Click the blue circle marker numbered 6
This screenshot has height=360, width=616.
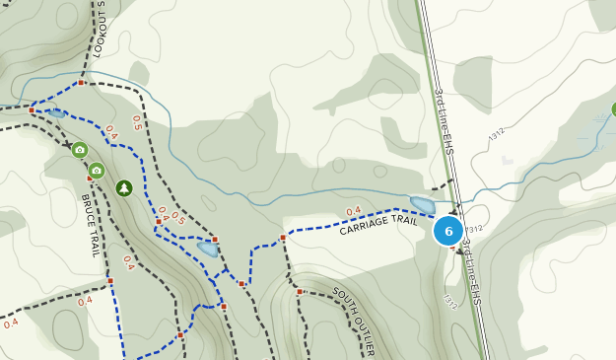(x=448, y=231)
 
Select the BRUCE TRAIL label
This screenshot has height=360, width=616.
(x=90, y=225)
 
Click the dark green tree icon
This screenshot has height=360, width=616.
(x=124, y=187)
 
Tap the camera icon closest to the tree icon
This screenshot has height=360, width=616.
(x=97, y=171)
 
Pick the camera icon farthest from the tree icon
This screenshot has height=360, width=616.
(x=80, y=150)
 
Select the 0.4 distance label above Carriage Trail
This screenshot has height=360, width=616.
(x=353, y=210)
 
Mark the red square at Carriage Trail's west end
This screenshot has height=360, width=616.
(x=283, y=238)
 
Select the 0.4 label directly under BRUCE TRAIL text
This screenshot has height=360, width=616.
(x=128, y=261)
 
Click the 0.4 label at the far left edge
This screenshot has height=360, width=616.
(x=11, y=323)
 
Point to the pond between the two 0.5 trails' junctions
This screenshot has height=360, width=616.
(x=207, y=248)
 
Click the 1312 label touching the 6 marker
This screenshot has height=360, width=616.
(x=475, y=229)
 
